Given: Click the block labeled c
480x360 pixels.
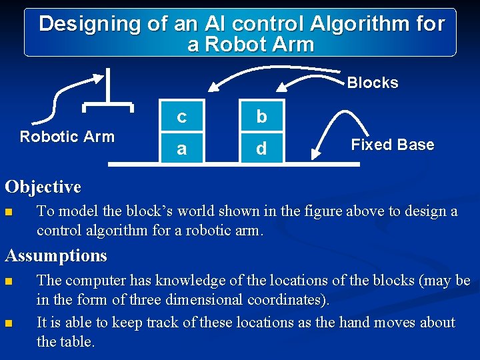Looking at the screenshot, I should click(181, 117).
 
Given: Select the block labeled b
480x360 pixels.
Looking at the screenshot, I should click(261, 117).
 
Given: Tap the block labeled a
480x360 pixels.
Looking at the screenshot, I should click(181, 148).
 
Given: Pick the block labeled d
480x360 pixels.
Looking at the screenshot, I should click(261, 148).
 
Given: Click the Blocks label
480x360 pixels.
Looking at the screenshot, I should click(373, 83).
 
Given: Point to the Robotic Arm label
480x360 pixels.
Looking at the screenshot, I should click(67, 137).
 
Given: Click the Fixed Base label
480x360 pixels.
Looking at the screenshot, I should click(392, 145).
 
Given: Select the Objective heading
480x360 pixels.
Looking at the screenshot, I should click(43, 187).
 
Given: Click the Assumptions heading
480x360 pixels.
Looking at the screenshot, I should click(56, 255).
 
